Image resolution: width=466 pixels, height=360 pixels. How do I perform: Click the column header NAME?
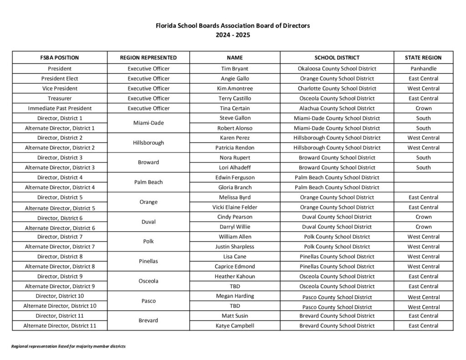(x=234, y=58)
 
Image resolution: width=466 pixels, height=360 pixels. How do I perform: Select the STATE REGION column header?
(x=423, y=58)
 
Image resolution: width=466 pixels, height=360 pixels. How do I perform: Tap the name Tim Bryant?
(x=234, y=69)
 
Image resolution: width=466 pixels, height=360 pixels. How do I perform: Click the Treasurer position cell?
(x=60, y=98)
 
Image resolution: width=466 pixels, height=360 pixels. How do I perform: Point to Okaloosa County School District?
(x=337, y=69)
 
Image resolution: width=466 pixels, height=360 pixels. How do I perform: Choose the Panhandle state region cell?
(x=423, y=69)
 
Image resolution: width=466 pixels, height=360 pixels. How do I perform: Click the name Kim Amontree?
(x=234, y=88)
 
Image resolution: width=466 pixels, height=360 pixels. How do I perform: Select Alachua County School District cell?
(x=337, y=108)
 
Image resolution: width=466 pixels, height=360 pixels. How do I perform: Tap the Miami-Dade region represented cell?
(x=148, y=123)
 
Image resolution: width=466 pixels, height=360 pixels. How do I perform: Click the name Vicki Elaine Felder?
(x=234, y=207)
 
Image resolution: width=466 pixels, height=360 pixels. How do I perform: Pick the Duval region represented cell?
(x=148, y=222)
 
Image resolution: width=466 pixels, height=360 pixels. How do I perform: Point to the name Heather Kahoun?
(x=234, y=276)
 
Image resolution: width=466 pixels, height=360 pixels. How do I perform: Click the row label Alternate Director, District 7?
(x=60, y=247)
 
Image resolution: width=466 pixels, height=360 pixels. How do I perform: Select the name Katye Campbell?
(x=234, y=325)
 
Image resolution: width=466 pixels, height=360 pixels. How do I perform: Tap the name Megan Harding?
(x=234, y=296)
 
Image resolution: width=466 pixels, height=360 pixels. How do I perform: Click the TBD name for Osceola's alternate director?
(x=234, y=286)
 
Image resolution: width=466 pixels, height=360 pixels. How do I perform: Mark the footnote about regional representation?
(x=68, y=346)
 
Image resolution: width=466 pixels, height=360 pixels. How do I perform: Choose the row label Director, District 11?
(x=60, y=315)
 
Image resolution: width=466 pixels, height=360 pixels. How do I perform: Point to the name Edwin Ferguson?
(x=234, y=177)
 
